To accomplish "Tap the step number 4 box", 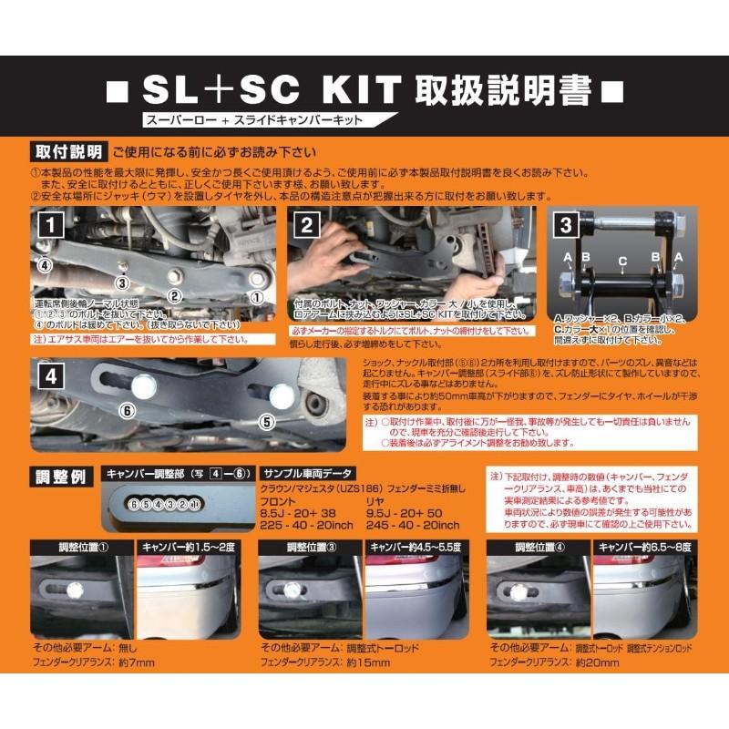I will [x=53, y=375].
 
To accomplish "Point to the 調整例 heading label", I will [x=60, y=477].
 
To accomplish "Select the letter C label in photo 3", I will [x=621, y=260].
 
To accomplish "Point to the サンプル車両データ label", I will [x=306, y=475].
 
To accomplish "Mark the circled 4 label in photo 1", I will [x=43, y=265].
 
